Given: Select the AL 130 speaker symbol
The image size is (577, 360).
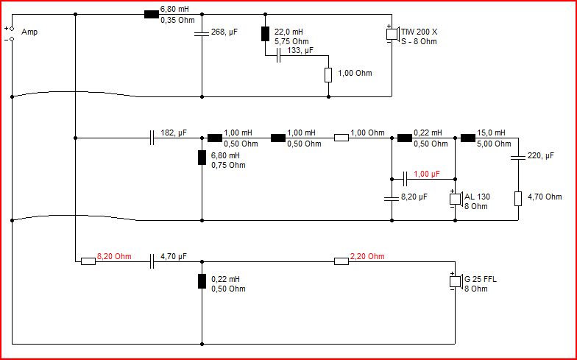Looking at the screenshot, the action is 456,199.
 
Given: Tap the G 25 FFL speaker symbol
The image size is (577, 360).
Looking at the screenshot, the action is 456,281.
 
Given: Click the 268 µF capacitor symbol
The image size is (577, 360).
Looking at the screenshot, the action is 202,34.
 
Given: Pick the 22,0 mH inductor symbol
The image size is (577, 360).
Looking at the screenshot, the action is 265,34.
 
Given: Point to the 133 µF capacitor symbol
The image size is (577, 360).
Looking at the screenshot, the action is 278,56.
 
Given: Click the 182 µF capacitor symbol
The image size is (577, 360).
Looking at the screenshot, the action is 152,138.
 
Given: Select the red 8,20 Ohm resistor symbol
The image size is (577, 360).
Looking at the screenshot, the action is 88,261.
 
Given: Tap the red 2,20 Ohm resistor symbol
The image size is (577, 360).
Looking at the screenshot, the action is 341,261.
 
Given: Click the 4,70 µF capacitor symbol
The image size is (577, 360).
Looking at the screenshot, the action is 152,261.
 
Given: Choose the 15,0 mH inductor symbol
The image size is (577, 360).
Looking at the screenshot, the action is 468,138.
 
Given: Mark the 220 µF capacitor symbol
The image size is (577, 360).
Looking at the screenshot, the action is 518,158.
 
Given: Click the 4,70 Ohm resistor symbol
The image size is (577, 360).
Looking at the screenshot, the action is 518,199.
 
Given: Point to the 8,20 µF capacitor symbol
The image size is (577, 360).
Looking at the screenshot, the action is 392,199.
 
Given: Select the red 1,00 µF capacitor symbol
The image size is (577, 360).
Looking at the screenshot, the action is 405,180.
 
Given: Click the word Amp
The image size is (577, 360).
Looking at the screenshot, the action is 29,32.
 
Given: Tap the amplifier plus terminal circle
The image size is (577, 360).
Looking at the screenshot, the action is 12,28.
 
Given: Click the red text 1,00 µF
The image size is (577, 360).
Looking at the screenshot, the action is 427,174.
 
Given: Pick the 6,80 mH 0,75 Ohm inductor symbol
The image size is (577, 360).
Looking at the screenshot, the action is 202,158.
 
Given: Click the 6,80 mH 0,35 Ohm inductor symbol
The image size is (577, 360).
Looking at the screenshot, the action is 152,15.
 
